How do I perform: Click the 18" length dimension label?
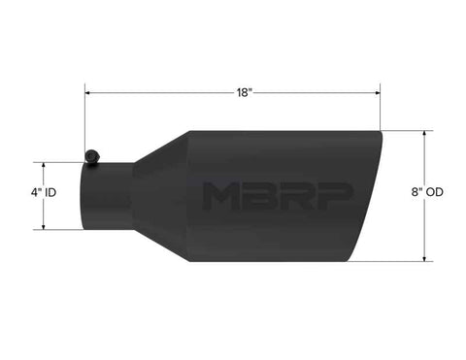click(244, 93)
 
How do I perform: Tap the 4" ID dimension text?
click(44, 193)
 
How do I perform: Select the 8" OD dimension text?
click(427, 192)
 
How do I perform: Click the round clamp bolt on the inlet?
click(92, 156)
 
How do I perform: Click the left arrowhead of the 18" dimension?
click(87, 93)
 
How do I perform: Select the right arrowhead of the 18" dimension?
click(377, 93)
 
